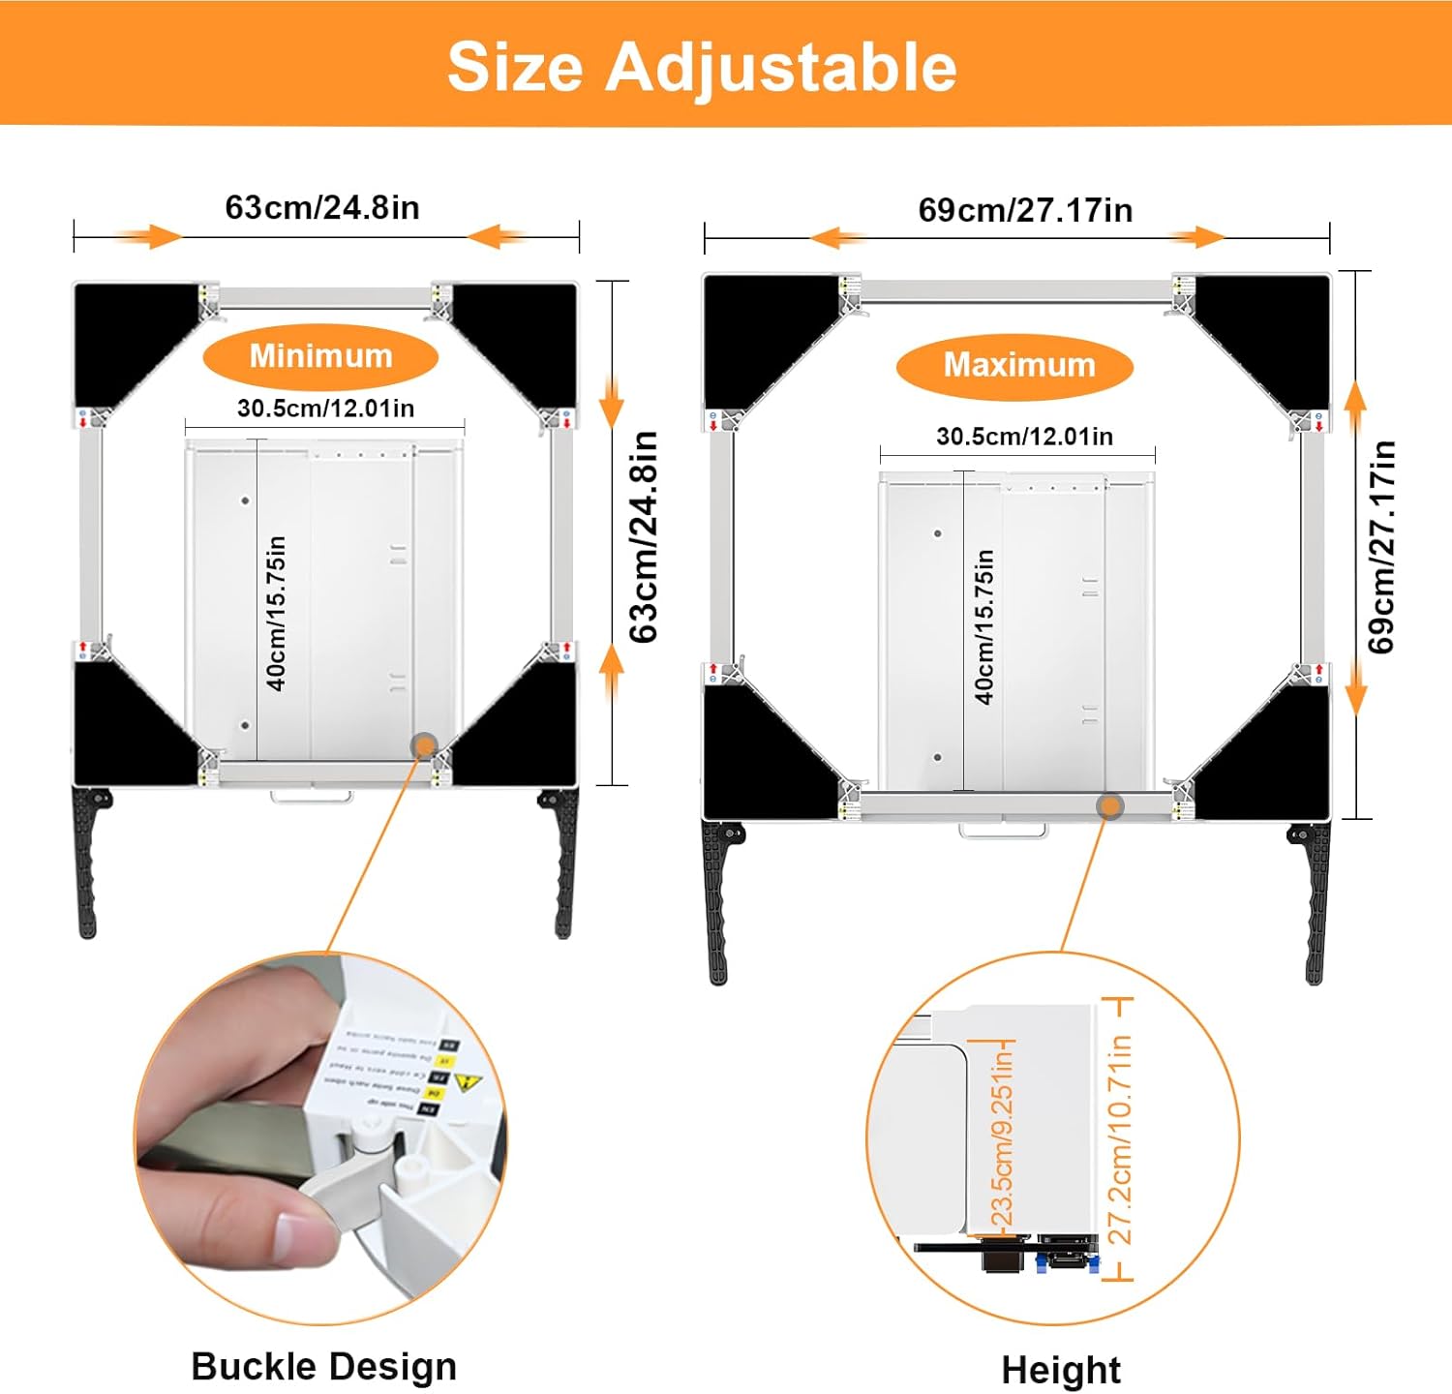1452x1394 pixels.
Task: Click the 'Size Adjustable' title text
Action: point(702,66)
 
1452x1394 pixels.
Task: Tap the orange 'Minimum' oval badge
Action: point(320,356)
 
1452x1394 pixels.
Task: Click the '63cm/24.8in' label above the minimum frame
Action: point(322,207)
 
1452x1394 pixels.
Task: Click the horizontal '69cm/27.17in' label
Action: point(1025,210)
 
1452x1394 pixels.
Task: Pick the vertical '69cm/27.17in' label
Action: point(1382,546)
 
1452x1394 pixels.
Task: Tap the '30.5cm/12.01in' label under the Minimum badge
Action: point(325,409)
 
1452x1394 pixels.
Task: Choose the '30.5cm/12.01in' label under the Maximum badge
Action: point(1024,437)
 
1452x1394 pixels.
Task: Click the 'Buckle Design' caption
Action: point(323,1366)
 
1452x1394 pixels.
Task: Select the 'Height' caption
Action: point(1061,1370)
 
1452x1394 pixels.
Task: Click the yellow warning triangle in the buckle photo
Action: point(468,1083)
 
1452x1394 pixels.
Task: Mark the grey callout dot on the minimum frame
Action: point(424,744)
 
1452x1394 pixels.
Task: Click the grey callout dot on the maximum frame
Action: point(1110,805)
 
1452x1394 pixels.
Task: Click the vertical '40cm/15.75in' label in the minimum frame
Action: point(277,613)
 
